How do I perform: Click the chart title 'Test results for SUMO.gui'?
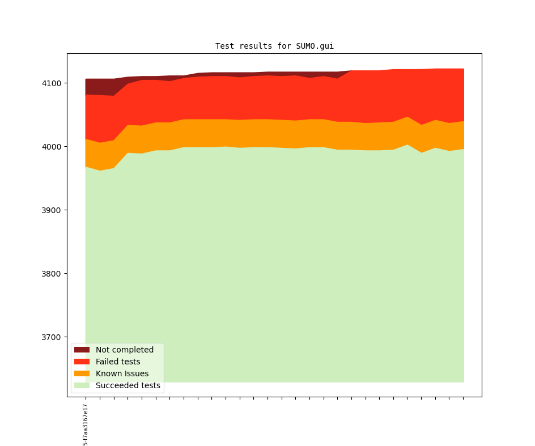coord(274,46)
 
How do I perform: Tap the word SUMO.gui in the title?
coord(315,46)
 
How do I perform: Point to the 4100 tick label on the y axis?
coord(53,83)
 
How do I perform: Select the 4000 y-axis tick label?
coord(53,147)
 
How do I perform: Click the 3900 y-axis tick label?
coord(53,210)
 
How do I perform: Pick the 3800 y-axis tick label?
coord(53,274)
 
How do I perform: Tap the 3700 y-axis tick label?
coord(53,337)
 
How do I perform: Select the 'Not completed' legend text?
coord(125,350)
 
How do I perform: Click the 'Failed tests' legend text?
coord(118,362)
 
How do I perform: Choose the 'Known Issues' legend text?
coord(122,373)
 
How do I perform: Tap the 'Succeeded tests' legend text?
coord(128,385)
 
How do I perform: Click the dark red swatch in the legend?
coord(82,350)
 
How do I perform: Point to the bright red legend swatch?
coord(82,362)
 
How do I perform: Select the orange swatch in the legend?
coord(82,373)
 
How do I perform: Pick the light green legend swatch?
coord(82,385)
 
